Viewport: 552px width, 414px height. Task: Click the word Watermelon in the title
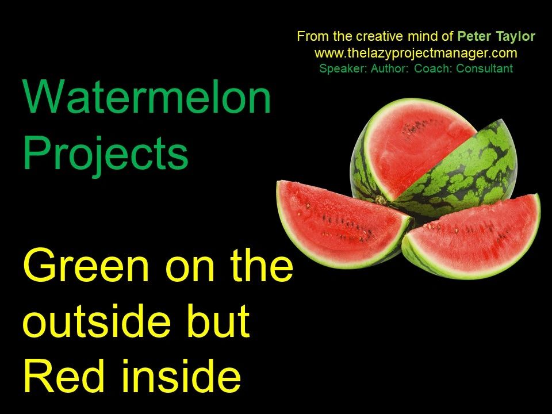pos(147,97)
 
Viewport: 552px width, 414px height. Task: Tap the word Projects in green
pos(106,154)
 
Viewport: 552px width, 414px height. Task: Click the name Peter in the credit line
pos(473,37)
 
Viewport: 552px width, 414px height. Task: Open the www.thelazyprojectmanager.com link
pos(416,53)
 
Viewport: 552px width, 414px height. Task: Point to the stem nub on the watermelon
pos(380,200)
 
